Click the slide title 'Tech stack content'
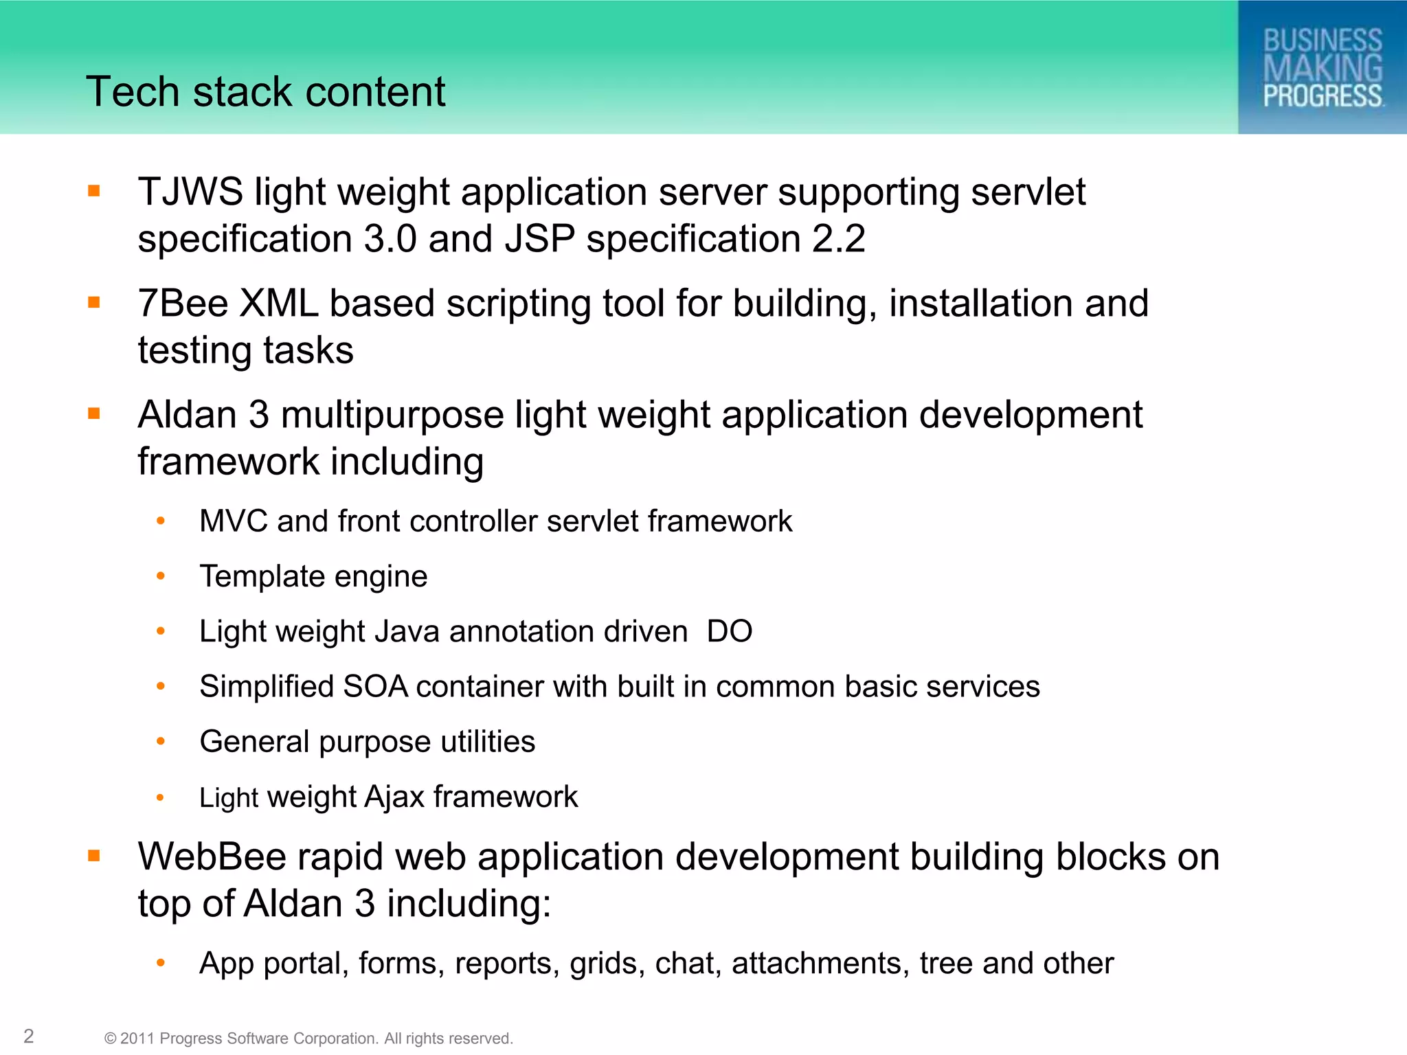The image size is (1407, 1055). pyautogui.click(x=265, y=92)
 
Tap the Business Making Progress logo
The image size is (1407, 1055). pyautogui.click(x=1322, y=67)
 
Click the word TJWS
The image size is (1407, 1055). pyautogui.click(x=190, y=192)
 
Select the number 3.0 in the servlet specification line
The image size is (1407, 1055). pyautogui.click(x=390, y=239)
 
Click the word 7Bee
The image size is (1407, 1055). pyautogui.click(x=183, y=304)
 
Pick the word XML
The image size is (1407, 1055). pyautogui.click(x=278, y=304)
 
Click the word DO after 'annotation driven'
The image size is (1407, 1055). pyautogui.click(x=730, y=631)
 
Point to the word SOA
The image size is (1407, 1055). pyautogui.click(x=375, y=687)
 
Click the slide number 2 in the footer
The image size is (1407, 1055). pyautogui.click(x=29, y=1036)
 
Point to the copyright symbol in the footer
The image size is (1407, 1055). pyautogui.click(x=110, y=1039)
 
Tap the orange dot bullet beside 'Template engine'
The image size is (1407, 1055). pyautogui.click(x=161, y=576)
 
